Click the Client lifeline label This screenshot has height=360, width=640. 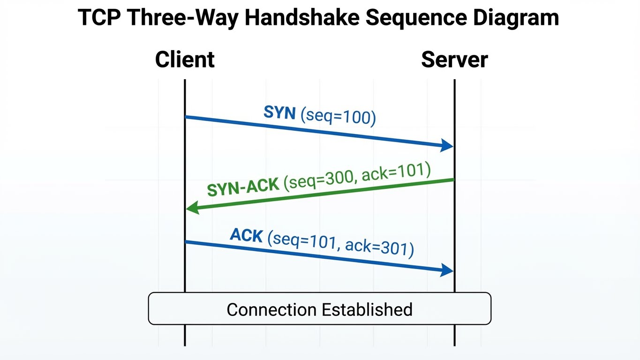[185, 60]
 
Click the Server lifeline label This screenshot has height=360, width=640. [454, 60]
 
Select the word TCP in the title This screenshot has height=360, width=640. [99, 18]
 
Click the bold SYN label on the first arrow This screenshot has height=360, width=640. [279, 112]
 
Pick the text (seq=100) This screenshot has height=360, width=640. [339, 117]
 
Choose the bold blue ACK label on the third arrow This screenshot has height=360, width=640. [246, 235]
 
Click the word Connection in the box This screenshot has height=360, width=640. [271, 309]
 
